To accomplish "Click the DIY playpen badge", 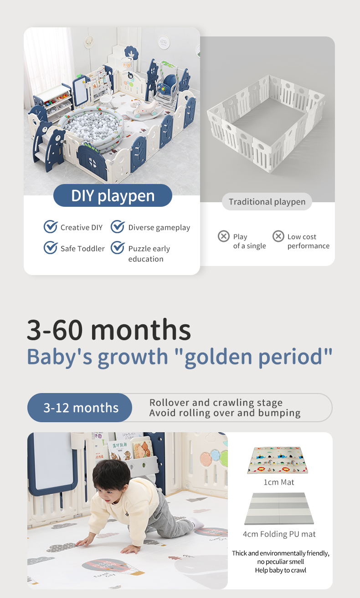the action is click(113, 195).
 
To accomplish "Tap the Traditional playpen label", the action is click(267, 202).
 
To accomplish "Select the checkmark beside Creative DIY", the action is click(51, 227).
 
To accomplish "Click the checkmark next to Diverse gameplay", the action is click(118, 227).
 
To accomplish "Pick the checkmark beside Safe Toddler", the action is click(51, 247).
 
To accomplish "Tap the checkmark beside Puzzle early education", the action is click(118, 247).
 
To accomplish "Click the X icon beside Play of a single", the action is click(224, 236).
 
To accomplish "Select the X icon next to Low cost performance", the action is click(278, 236).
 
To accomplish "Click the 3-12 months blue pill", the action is click(80, 408).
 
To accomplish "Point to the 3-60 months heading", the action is click(109, 330).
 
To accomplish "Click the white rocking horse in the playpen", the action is click(145, 107).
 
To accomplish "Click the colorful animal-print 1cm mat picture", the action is click(278, 460).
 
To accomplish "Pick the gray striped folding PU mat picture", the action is click(279, 509).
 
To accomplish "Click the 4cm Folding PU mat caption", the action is click(279, 534).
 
